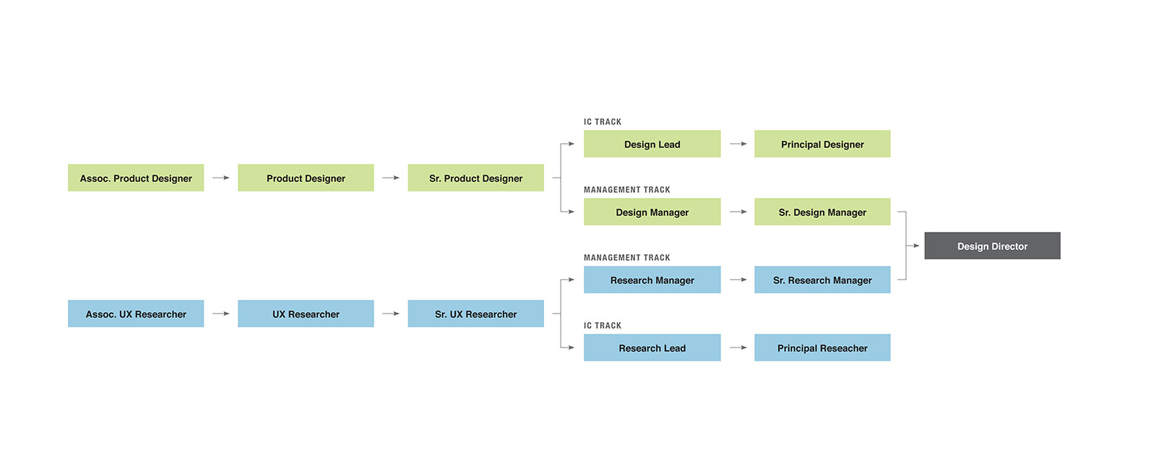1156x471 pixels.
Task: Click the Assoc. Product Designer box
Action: (136, 178)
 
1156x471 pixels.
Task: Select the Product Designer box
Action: (306, 178)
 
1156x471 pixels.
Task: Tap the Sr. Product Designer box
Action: (475, 178)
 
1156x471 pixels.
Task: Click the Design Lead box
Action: (652, 144)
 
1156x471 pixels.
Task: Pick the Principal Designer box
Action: (822, 144)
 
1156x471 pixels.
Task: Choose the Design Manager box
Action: (652, 212)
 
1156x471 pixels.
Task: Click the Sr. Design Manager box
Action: (822, 212)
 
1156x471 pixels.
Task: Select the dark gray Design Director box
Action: (992, 246)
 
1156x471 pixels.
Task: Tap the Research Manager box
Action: (652, 280)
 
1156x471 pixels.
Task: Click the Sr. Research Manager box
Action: (822, 280)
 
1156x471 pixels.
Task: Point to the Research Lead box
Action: (652, 347)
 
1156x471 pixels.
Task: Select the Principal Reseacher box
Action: (822, 347)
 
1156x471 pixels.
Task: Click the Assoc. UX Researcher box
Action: (136, 314)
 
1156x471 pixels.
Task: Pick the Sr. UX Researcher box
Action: (475, 314)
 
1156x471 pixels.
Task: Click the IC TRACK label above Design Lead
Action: (603, 122)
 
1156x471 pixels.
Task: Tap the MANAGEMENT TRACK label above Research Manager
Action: (627, 258)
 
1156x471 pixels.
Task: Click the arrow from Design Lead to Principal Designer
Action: (738, 144)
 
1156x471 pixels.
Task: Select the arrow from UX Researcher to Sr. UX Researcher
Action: (391, 314)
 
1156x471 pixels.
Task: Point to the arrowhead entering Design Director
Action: (916, 246)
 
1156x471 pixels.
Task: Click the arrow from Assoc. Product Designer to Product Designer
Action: (221, 178)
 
